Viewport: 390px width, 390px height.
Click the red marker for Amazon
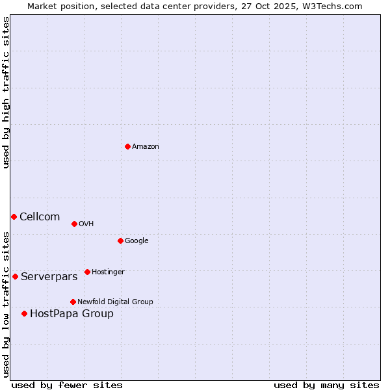[x=127, y=146]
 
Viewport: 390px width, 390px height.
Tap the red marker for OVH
[x=74, y=224]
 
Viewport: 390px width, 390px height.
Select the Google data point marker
[x=120, y=240]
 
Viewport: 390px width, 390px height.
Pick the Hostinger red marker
[x=87, y=272]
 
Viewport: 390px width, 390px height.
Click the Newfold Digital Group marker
[x=73, y=302]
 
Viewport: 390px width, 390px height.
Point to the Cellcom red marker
[x=14, y=216]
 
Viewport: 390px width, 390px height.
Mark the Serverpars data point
[x=15, y=276]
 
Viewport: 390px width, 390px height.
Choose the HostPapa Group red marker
[x=24, y=313]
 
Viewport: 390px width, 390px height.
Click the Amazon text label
[x=146, y=147]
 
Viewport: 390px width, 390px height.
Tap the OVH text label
[x=86, y=224]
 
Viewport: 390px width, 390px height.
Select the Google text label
[x=136, y=241]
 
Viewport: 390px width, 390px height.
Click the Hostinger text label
[x=108, y=272]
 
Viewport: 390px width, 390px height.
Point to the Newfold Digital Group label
[x=115, y=302]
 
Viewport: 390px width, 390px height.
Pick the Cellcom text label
[x=40, y=217]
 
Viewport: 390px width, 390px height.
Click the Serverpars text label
[x=49, y=277]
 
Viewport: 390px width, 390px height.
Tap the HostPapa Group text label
[x=71, y=314]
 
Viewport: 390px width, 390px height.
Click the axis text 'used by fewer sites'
[x=67, y=385]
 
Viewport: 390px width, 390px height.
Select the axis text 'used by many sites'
[x=326, y=385]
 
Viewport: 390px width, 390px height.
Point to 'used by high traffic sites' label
[x=6, y=92]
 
